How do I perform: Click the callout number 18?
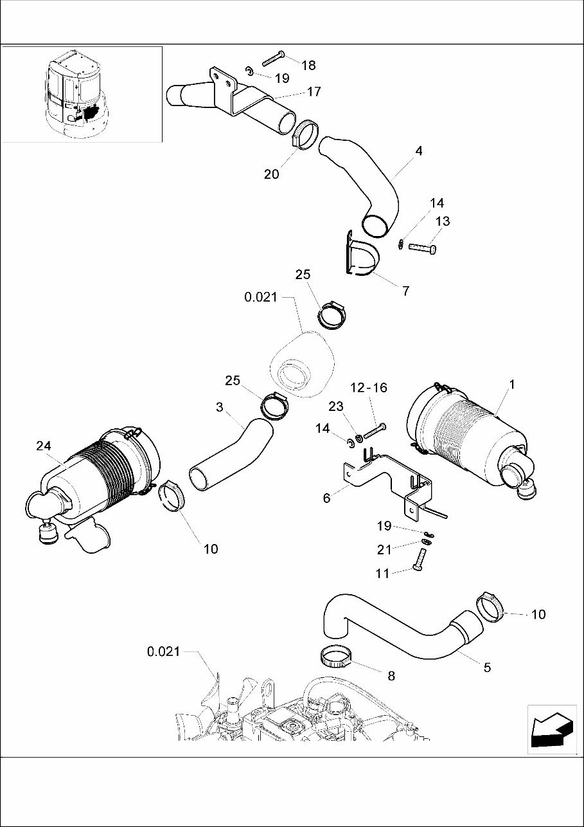click(308, 65)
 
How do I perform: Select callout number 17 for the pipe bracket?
click(313, 92)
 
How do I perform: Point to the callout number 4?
click(419, 152)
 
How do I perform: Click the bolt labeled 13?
click(423, 247)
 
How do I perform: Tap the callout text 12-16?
click(369, 388)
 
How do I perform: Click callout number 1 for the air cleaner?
click(512, 385)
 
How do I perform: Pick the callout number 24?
click(43, 446)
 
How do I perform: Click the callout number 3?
click(220, 407)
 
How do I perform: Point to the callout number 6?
click(326, 498)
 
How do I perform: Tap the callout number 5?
click(487, 668)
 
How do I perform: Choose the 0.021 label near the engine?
click(163, 651)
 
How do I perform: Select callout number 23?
click(336, 406)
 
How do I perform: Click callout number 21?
click(384, 549)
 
